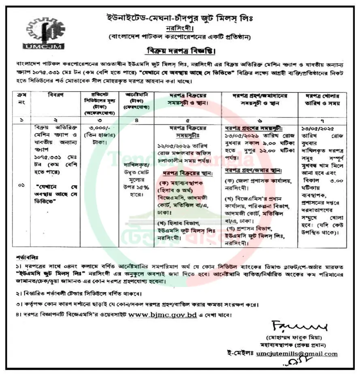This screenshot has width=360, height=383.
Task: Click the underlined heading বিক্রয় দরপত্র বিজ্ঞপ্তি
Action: (x=180, y=52)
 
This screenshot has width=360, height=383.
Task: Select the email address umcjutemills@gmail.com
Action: (x=297, y=353)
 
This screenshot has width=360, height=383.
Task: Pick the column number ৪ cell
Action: (x=139, y=120)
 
